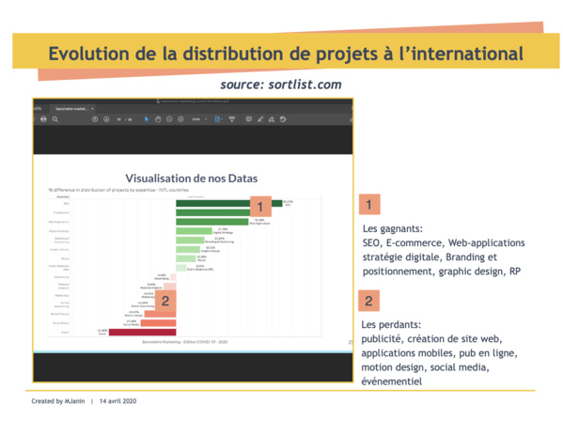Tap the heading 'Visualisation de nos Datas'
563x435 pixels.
(x=191, y=178)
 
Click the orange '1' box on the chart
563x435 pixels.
(x=259, y=207)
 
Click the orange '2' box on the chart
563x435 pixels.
(x=165, y=301)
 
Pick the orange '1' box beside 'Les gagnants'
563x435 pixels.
(x=370, y=203)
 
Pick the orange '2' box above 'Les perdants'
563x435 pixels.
(x=370, y=302)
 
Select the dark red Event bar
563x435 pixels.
(x=143, y=332)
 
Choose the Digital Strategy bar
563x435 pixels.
(x=195, y=231)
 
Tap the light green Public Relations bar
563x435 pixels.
(x=181, y=268)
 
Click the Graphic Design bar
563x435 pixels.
(x=188, y=249)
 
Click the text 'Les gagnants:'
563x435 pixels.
(x=393, y=227)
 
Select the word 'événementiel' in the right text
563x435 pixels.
(x=392, y=381)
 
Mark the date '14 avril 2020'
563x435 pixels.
(x=117, y=401)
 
